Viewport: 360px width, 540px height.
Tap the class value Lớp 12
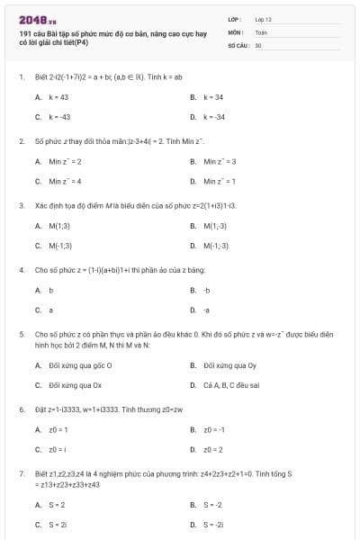(x=263, y=18)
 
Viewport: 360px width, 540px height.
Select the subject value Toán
(x=261, y=31)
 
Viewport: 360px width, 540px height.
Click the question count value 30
(x=258, y=44)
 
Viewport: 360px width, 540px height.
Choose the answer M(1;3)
(x=59, y=226)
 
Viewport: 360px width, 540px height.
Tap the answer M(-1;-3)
(x=216, y=245)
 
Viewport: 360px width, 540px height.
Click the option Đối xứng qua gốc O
(x=80, y=365)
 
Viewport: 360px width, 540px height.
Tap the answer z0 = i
(x=56, y=448)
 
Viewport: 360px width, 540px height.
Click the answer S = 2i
(x=58, y=524)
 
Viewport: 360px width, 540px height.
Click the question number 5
(x=20, y=334)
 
